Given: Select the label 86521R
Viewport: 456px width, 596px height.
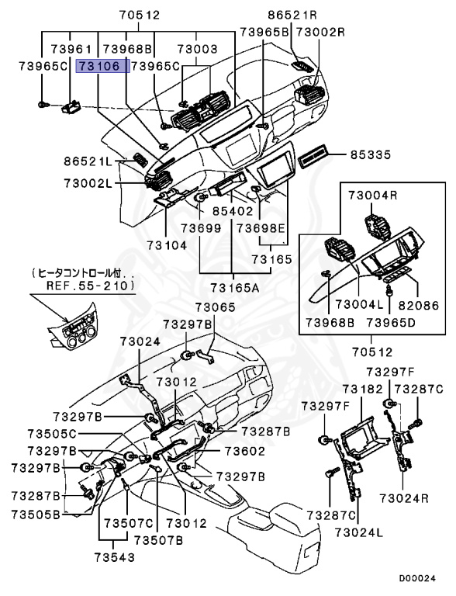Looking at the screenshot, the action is pos(292,15).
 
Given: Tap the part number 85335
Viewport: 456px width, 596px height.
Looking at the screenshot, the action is pos(370,154).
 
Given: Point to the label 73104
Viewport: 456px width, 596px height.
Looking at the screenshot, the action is pos(167,245).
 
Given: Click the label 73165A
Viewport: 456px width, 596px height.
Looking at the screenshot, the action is pos(235,287).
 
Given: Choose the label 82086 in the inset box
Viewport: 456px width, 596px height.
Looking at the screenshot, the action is pos(418,305).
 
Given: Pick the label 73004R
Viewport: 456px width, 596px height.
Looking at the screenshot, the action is pos(373,196).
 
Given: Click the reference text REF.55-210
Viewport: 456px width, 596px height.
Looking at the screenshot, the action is pos(89,286).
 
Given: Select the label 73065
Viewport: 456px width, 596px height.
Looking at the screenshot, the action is pos(216,307).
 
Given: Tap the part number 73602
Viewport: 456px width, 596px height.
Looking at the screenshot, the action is pos(245,451).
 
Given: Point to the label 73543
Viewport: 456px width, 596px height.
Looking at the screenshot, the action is pos(114,557).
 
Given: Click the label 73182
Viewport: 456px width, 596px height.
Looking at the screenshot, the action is pos(362,389).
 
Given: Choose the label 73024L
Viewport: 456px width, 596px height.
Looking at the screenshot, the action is pos(359,533).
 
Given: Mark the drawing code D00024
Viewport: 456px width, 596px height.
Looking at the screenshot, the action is pos(417,578).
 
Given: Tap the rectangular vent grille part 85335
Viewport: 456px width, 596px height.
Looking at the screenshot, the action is pos(313,156).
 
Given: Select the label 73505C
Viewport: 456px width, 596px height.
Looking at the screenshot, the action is pos(52,434).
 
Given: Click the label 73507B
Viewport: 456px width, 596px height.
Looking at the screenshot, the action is pos(158,540).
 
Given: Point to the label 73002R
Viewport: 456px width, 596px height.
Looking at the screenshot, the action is pos(320,32).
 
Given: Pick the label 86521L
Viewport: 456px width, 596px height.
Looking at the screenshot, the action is pos(88,161).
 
